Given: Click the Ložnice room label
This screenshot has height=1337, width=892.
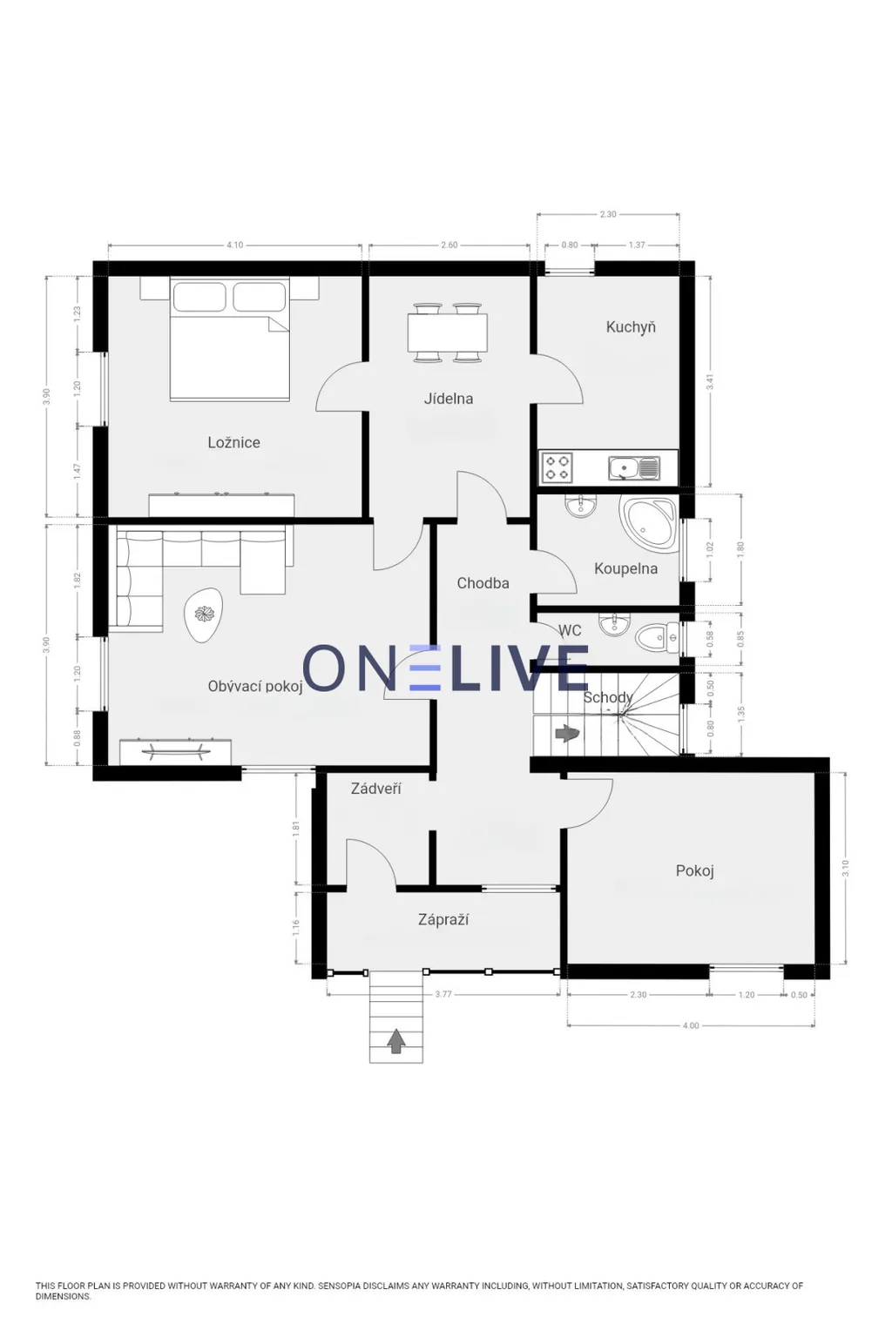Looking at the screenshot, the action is pyautogui.click(x=233, y=442).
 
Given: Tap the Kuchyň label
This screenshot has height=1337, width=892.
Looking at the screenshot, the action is pyautogui.click(x=631, y=327).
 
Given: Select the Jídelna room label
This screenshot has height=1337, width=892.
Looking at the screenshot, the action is pyautogui.click(x=448, y=399).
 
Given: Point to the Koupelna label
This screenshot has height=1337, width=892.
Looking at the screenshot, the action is pyautogui.click(x=625, y=568).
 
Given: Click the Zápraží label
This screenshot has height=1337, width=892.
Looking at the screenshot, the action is pyautogui.click(x=443, y=920).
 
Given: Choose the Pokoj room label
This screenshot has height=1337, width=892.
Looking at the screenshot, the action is pyautogui.click(x=695, y=870).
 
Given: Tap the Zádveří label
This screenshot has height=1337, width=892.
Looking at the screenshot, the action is pyautogui.click(x=375, y=789).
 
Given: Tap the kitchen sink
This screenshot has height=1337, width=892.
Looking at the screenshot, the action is pyautogui.click(x=634, y=468).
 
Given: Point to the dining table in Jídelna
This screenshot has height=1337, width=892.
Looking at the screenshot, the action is pyautogui.click(x=448, y=333).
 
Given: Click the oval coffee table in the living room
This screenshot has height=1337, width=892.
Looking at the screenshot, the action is pyautogui.click(x=204, y=615).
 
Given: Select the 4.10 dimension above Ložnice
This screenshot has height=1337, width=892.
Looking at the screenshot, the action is pyautogui.click(x=235, y=245).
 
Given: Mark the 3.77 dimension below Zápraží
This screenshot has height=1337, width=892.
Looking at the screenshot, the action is pyautogui.click(x=443, y=994).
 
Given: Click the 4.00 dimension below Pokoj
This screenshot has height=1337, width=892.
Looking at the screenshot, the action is pyautogui.click(x=691, y=1025).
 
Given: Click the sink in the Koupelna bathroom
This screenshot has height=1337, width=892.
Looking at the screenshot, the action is pyautogui.click(x=579, y=506).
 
